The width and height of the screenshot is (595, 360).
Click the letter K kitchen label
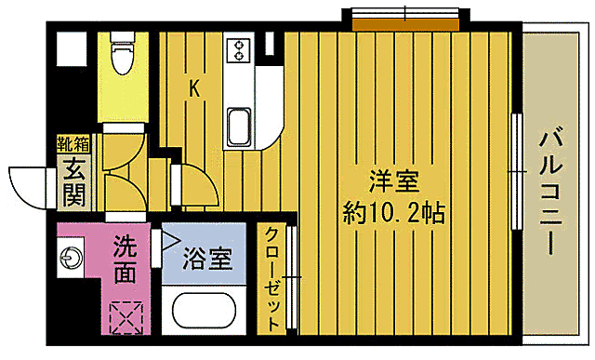coord(195,88)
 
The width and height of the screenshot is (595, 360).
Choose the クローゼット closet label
coord(273,279)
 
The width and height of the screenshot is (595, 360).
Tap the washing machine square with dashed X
coord(125,316)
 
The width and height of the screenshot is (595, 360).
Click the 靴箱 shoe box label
coord(73,143)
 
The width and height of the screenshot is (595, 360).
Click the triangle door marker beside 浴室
coord(171,240)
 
